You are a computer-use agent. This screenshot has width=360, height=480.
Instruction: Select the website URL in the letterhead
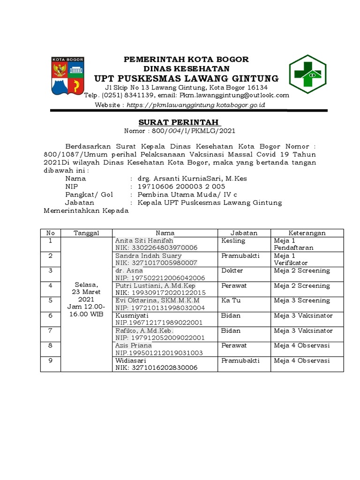click(196, 105)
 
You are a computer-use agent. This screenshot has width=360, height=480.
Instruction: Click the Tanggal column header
click(85, 233)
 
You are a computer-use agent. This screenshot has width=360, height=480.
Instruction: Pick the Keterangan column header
click(307, 233)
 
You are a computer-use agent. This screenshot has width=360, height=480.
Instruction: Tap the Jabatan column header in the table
click(244, 233)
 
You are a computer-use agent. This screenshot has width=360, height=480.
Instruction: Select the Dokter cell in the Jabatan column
click(232, 270)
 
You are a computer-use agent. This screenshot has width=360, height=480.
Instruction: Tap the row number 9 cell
click(51, 360)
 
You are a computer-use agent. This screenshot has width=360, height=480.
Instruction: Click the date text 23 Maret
click(86, 292)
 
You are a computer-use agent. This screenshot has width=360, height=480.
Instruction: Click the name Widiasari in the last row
click(131, 360)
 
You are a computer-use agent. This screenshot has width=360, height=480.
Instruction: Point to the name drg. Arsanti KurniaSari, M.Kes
click(192, 178)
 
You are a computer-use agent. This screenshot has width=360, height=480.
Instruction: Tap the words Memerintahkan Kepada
click(85, 211)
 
